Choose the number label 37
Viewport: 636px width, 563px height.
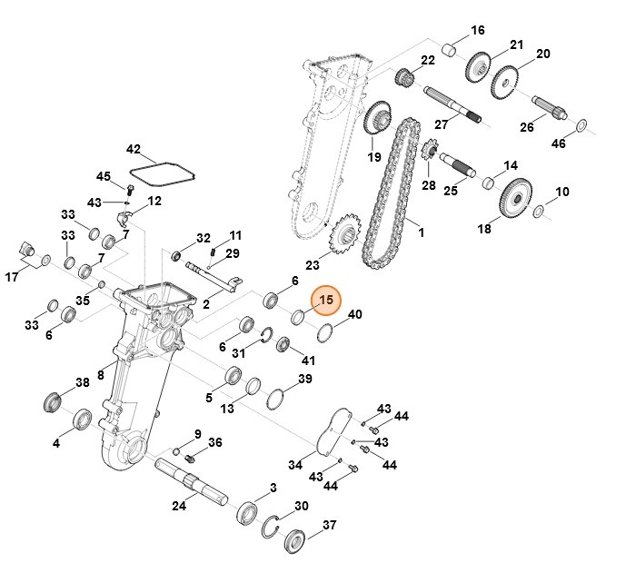coord(330,526)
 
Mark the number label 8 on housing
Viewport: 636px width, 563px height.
coord(101,374)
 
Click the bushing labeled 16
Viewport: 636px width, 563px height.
coord(448,47)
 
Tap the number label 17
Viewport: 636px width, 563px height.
coord(12,277)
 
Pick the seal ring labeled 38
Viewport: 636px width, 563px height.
coord(55,400)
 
